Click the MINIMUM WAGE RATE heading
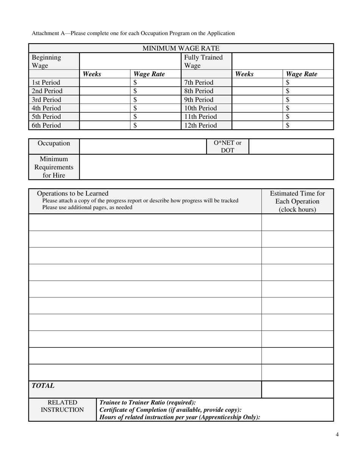pos(181,48)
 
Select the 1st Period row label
pos(46,82)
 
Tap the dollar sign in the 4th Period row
pos(135,108)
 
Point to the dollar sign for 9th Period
pos(288,100)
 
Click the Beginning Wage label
pos(46,61)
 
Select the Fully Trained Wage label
pos(203,61)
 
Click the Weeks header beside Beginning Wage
pos(92,74)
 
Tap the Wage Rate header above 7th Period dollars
pos(301,74)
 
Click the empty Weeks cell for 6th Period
pos(105,125)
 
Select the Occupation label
pos(54,143)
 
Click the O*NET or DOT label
pos(227,147)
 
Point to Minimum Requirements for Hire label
pos(54,167)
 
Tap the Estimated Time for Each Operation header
pos(297,201)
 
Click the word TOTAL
pos(43,386)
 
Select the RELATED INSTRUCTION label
pos(62,406)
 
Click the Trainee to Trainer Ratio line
pos(147,402)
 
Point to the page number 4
pos(337,435)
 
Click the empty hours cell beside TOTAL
pos(297,389)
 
